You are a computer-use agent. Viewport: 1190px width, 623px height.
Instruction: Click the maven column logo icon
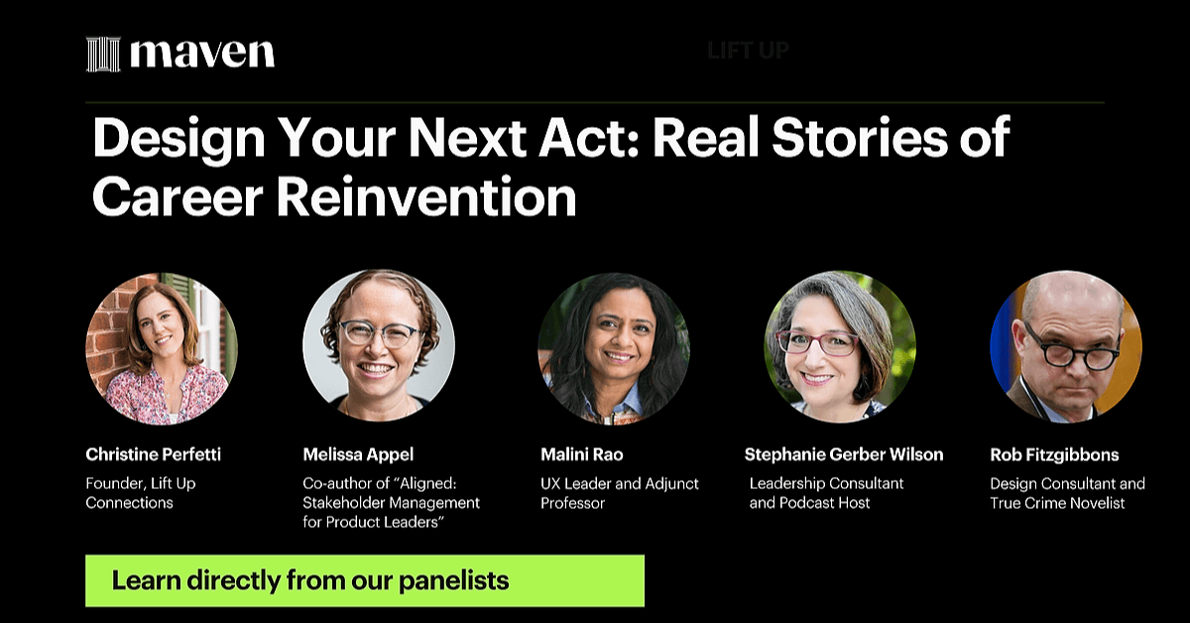[103, 54]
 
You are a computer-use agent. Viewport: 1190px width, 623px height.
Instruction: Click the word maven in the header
[202, 53]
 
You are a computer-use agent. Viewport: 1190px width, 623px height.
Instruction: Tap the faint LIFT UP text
[748, 51]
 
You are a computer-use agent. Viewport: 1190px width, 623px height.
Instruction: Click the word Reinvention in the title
[426, 196]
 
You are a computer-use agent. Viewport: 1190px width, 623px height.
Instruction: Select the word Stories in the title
[860, 138]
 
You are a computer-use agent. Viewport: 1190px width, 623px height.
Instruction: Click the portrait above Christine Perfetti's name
[162, 348]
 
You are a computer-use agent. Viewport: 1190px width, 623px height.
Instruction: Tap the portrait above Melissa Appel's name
[379, 345]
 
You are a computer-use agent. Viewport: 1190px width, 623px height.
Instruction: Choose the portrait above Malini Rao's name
[614, 349]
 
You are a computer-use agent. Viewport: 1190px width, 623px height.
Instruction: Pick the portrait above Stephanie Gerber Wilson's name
[840, 346]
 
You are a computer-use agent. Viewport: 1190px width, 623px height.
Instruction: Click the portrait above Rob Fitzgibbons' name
[1066, 346]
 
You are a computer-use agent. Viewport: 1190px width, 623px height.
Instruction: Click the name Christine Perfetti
[153, 454]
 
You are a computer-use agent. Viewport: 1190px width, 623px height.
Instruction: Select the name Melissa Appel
[358, 454]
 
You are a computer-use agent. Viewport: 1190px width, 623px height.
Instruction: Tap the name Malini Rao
[582, 454]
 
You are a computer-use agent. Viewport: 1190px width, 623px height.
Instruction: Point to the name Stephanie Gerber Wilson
[844, 454]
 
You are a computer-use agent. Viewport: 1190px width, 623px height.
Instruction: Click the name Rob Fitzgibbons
[1054, 455]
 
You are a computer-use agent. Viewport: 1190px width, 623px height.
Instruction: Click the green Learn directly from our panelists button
[365, 581]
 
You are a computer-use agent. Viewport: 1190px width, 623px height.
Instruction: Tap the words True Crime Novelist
[1057, 503]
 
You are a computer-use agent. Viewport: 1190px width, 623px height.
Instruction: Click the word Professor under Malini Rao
[573, 503]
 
